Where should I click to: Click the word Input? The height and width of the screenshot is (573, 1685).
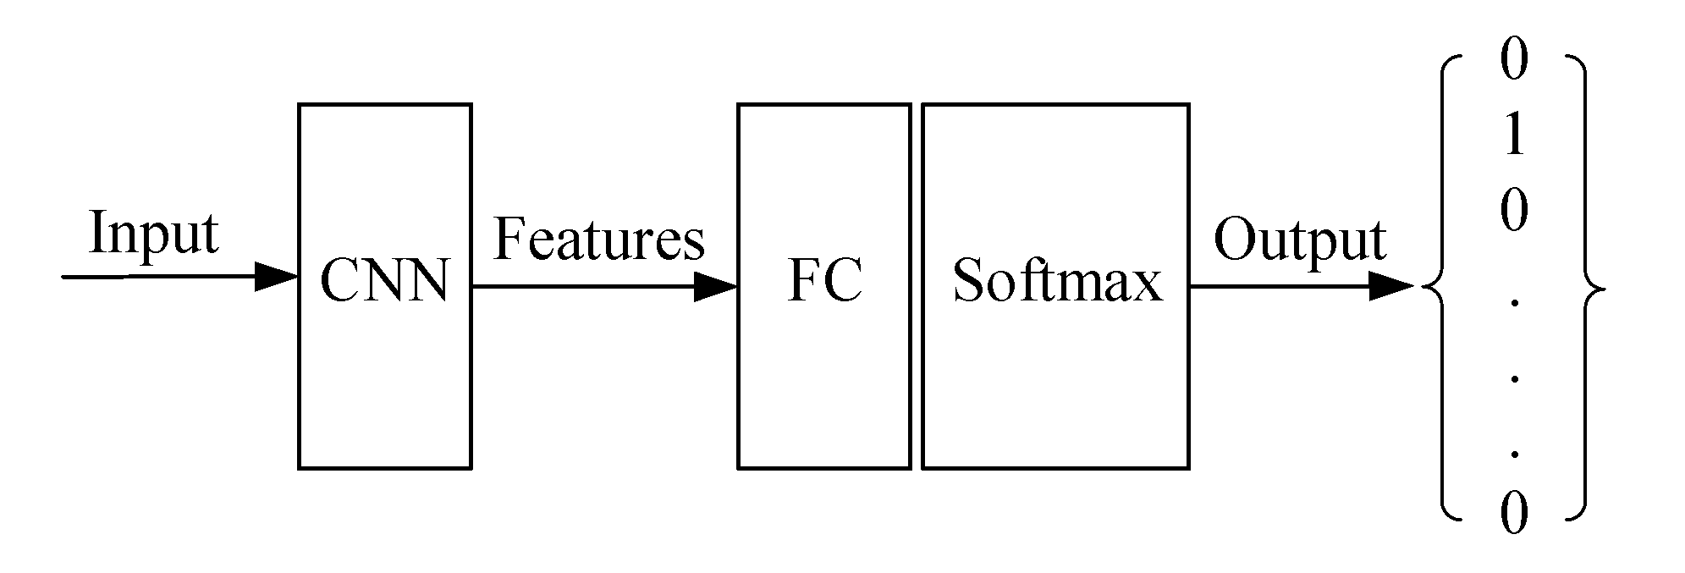153,234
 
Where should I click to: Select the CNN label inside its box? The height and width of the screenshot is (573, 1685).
384,281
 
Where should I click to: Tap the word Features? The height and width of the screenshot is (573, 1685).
598,239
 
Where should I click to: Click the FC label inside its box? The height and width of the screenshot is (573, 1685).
824,281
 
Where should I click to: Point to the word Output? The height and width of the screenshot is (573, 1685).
1299,242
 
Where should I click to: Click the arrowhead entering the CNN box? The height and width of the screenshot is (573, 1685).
277,277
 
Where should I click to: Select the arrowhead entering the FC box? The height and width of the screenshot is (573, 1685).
716,287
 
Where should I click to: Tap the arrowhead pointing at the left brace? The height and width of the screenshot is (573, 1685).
1391,287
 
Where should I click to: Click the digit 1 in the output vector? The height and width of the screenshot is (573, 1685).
1514,135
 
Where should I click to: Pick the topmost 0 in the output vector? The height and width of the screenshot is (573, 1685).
1514,62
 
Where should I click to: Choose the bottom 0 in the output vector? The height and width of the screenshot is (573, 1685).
1514,514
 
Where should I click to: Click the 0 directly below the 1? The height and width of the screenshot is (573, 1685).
1514,211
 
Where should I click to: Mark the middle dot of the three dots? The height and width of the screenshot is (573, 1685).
1514,378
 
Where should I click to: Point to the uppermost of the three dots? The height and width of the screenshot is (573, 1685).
1514,303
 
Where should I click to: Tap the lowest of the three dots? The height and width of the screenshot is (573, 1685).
1514,454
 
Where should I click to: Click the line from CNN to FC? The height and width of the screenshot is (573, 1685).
584,287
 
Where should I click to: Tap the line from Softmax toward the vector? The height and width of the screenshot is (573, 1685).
1278,287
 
